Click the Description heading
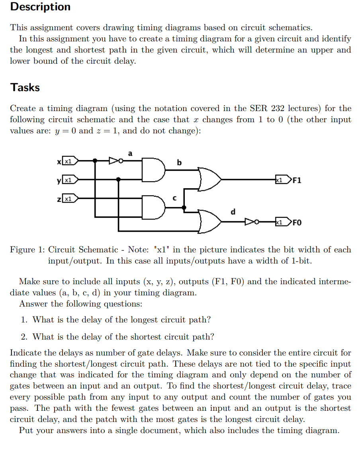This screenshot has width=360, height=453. (x=40, y=7)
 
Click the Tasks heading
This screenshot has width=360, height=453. (x=25, y=87)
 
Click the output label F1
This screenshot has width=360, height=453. (x=297, y=180)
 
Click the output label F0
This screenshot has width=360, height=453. (x=297, y=222)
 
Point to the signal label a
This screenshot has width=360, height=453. (x=130, y=152)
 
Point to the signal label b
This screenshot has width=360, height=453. (x=179, y=162)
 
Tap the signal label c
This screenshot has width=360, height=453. (x=174, y=197)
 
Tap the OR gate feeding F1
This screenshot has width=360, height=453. (x=209, y=180)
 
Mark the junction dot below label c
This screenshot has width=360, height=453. (x=184, y=207)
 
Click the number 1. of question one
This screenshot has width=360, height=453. (x=24, y=320)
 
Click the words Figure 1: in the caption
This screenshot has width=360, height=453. (x=27, y=250)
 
